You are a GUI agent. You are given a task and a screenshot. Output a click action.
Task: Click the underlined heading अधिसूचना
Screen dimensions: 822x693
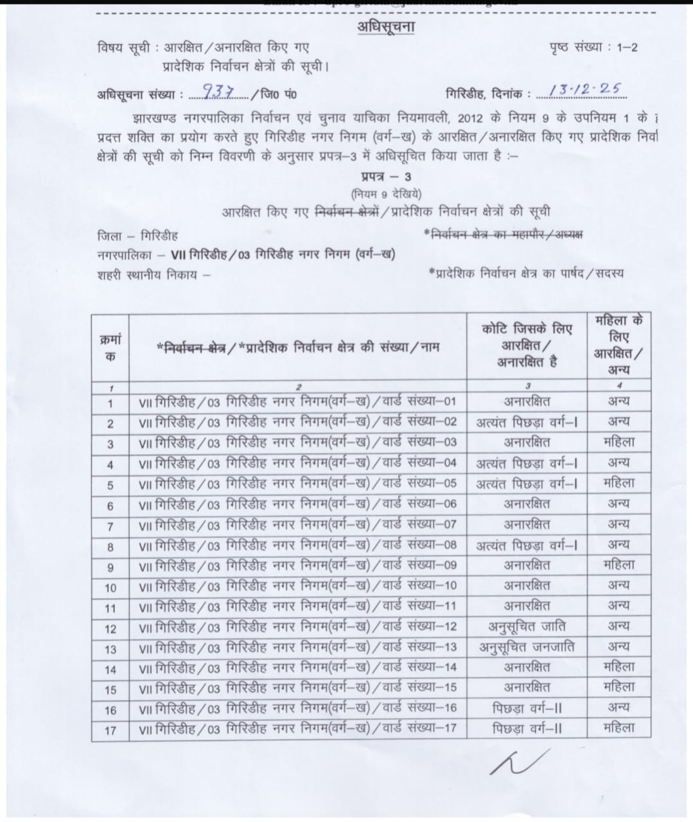[x=387, y=28]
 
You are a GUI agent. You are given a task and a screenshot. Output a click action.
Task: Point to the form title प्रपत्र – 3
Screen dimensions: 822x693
[x=387, y=178]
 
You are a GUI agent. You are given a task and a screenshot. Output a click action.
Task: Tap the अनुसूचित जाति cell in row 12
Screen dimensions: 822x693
[x=526, y=626]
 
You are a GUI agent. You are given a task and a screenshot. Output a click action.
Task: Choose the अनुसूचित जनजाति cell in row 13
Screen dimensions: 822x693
[x=526, y=647]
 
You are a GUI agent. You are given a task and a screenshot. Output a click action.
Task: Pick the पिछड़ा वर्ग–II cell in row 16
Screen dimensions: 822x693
[x=527, y=708]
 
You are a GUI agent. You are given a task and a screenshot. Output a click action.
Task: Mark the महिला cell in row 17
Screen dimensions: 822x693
[x=619, y=728]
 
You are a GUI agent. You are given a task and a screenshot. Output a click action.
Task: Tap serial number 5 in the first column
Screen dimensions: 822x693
[x=110, y=484]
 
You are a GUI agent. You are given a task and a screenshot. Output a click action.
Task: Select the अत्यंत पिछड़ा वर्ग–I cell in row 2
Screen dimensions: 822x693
[x=526, y=422]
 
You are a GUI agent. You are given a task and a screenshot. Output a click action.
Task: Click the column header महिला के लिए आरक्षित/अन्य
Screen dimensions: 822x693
[x=618, y=345]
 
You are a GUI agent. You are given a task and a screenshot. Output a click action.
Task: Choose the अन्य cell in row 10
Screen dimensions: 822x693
[x=619, y=585]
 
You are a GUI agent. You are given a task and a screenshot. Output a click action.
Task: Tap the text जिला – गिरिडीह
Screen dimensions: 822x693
[x=137, y=235]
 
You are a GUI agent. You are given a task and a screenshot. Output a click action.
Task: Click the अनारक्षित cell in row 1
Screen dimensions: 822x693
[x=527, y=402]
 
